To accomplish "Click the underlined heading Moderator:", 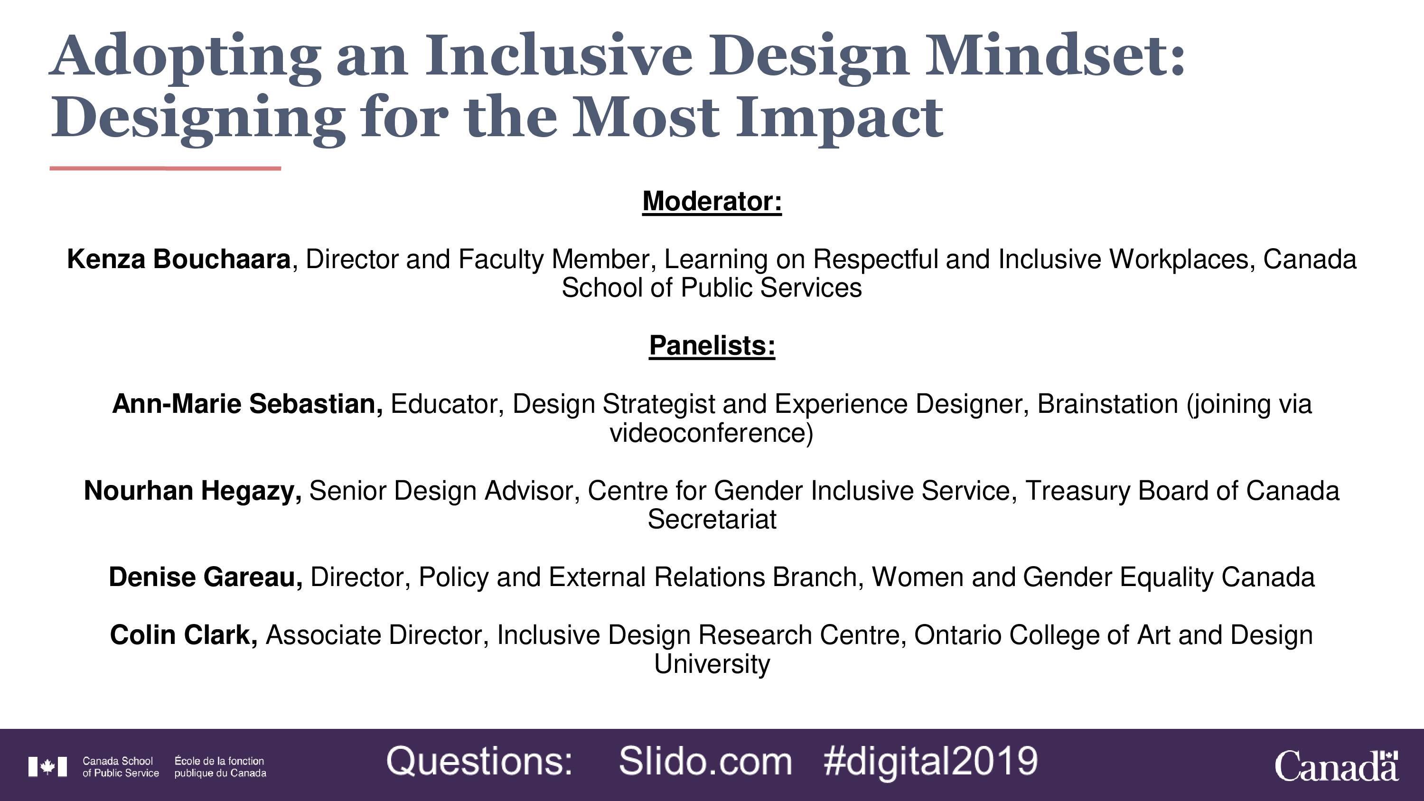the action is (712, 202).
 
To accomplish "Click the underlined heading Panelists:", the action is (712, 346).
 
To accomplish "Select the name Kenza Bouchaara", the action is (178, 259).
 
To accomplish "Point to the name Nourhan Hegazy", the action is (192, 491).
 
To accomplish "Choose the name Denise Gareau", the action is (206, 577).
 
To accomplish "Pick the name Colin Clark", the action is (184, 635).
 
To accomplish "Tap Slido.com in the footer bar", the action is (705, 762).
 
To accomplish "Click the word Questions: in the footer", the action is (479, 762).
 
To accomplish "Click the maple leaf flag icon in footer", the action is (47, 767).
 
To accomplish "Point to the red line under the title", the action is (165, 168).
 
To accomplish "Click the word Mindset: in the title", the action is (1056, 56).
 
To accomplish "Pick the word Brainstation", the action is (1108, 404).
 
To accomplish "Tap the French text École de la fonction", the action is (219, 761).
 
